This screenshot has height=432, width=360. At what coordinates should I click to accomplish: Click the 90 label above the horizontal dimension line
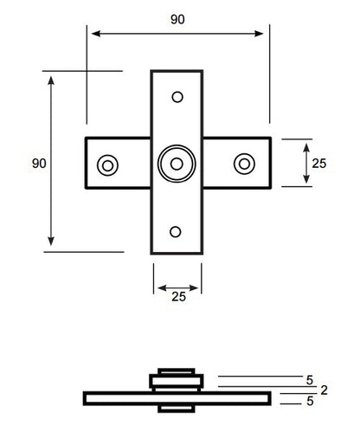[x=177, y=20]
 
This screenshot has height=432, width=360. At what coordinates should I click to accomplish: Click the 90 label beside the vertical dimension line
[x=38, y=163]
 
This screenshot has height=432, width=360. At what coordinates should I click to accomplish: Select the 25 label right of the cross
[x=319, y=163]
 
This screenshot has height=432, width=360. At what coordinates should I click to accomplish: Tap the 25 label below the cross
[x=177, y=297]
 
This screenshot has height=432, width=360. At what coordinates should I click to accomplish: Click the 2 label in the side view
[x=324, y=390]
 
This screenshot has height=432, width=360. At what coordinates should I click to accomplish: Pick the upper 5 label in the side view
[x=310, y=379]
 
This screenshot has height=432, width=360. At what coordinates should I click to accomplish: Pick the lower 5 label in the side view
[x=310, y=401]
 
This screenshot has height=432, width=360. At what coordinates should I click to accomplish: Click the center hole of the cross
[x=177, y=164]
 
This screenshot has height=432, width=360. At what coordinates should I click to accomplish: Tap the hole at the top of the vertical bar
[x=177, y=97]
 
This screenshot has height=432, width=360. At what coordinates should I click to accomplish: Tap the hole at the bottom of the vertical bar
[x=177, y=231]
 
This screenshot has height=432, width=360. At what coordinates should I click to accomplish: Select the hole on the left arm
[x=108, y=164]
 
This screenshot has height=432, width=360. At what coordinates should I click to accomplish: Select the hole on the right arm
[x=245, y=164]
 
